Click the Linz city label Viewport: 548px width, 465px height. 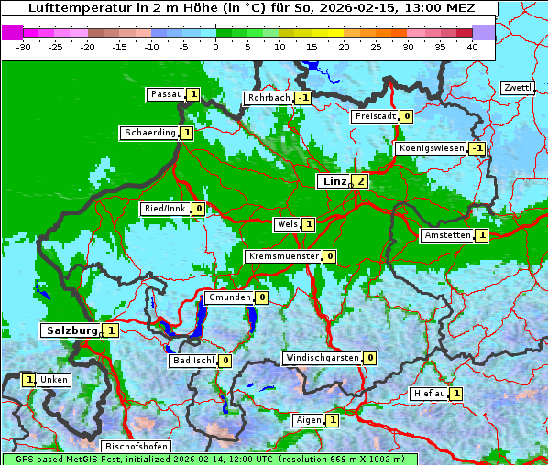click(x=334, y=181)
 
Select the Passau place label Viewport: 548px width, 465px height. click(x=166, y=94)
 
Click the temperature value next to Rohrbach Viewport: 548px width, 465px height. click(x=303, y=98)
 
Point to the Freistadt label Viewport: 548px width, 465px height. click(x=374, y=116)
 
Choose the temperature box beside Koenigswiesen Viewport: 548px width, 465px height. click(x=477, y=148)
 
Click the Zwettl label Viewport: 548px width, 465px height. click(x=517, y=88)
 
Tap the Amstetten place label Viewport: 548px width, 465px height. click(x=447, y=235)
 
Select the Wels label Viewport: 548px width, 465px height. click(x=287, y=224)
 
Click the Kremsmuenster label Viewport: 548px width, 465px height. click(x=283, y=256)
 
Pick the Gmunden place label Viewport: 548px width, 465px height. click(x=228, y=297)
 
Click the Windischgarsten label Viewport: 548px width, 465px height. click(x=322, y=358)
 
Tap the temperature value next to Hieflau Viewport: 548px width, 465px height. click(x=456, y=394)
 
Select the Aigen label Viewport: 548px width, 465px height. click(x=309, y=420)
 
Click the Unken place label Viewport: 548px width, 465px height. click(x=54, y=380)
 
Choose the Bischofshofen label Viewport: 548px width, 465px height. click(x=136, y=447)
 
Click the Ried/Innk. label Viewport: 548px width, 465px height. click(x=166, y=209)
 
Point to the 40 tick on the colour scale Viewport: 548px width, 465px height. click(x=472, y=46)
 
